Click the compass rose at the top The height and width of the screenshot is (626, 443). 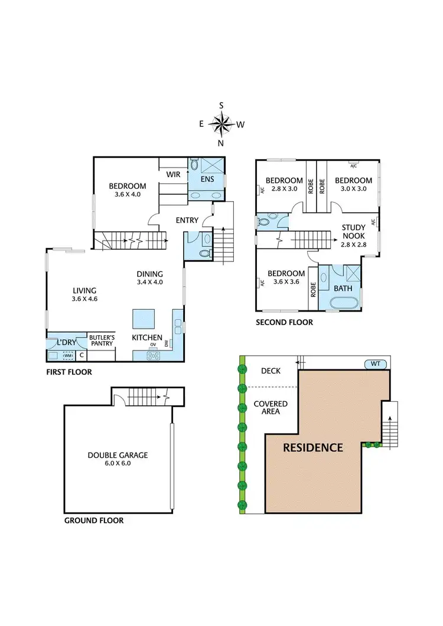[221, 124]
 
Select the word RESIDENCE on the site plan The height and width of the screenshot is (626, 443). [312, 447]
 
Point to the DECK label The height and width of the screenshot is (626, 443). [271, 371]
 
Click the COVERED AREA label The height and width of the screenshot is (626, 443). [271, 408]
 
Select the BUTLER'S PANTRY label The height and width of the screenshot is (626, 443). [102, 340]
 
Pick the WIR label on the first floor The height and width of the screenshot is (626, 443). [173, 174]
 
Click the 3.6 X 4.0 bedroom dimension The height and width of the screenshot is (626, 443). [127, 194]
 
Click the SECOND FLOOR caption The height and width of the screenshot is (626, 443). [284, 322]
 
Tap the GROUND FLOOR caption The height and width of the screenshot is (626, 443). [93, 520]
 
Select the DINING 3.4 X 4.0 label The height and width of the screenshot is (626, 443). [149, 278]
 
